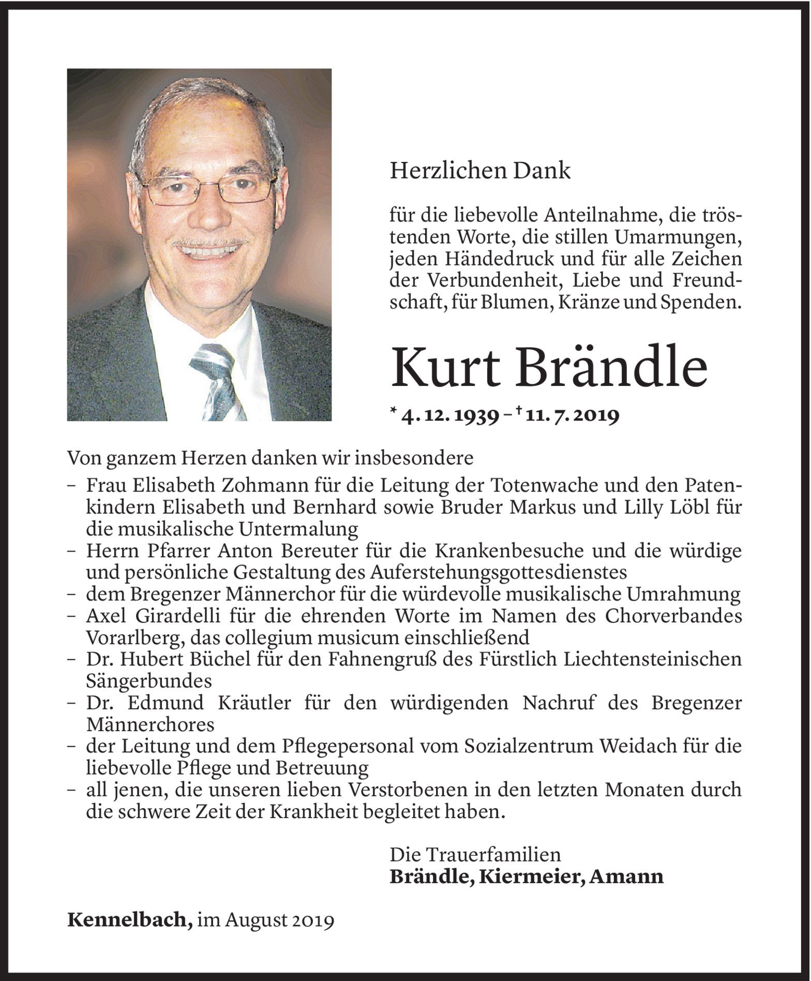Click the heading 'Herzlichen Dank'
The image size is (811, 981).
click(x=480, y=171)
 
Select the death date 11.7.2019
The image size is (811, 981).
click(x=571, y=417)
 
